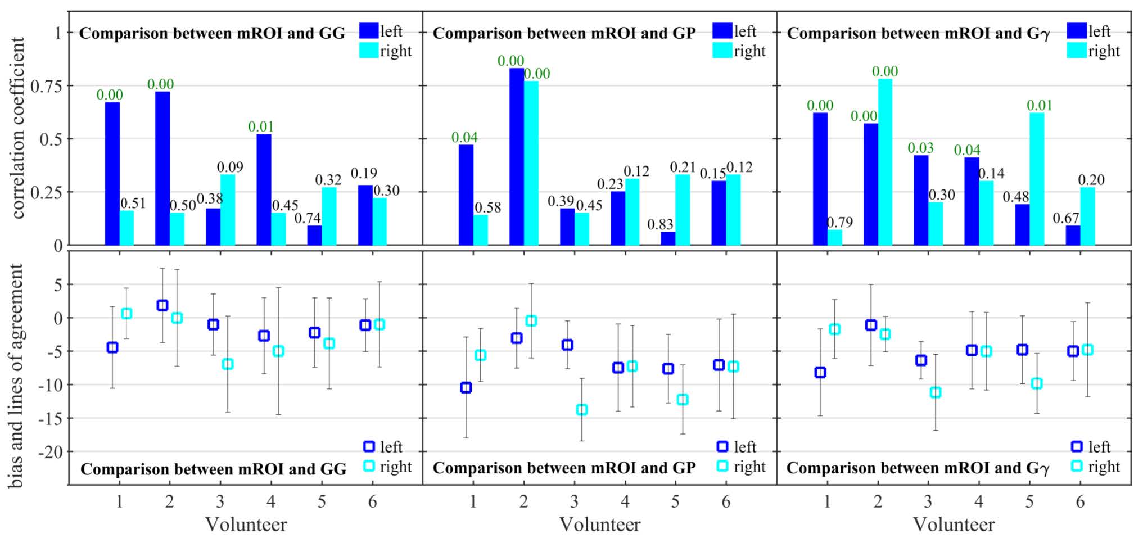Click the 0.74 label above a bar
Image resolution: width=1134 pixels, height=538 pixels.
pyautogui.click(x=308, y=218)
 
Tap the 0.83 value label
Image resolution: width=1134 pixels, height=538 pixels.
pyautogui.click(x=660, y=224)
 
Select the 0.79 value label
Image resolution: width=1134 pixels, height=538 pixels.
pyautogui.click(x=839, y=222)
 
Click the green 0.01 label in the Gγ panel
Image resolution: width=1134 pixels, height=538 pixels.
pyautogui.click(x=1039, y=105)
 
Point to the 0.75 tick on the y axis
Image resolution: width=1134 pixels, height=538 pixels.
pyautogui.click(x=47, y=86)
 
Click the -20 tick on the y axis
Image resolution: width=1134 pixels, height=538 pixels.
pyautogui.click(x=50, y=451)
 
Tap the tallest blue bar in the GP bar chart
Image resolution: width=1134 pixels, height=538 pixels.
pyautogui.click(x=517, y=156)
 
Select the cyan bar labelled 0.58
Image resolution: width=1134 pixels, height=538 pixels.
pyautogui.click(x=481, y=230)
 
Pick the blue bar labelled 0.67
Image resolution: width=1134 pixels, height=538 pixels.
pyautogui.click(x=1073, y=235)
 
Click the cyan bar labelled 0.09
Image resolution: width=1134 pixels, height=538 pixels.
pyautogui.click(x=228, y=210)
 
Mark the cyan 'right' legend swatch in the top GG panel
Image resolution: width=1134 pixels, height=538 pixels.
pyautogui.click(x=369, y=51)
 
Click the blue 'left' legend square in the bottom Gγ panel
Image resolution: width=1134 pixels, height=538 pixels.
pyautogui.click(x=1077, y=446)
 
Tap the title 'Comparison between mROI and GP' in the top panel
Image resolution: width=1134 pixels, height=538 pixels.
pyautogui.click(x=564, y=33)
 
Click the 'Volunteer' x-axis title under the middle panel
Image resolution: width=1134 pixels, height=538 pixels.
pyautogui.click(x=599, y=525)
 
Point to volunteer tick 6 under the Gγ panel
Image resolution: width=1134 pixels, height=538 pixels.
pyautogui.click(x=1080, y=501)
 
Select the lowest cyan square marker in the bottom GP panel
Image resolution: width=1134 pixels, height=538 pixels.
pyautogui.click(x=582, y=410)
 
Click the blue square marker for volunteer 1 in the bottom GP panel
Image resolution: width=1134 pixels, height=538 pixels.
pyautogui.click(x=466, y=387)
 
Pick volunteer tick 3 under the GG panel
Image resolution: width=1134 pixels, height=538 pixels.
pyautogui.click(x=220, y=501)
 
